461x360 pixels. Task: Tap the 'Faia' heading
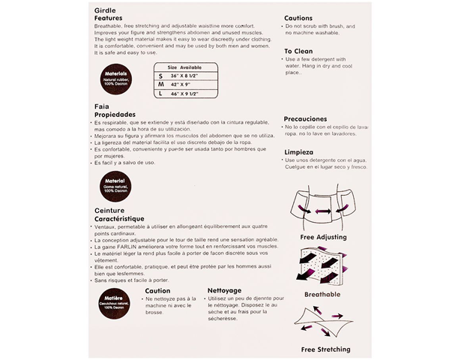click(101, 106)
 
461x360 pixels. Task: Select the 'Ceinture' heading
click(109, 211)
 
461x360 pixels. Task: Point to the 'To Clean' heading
click(299, 52)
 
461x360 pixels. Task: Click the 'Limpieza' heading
click(299, 151)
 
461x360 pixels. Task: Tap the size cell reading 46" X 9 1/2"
click(184, 94)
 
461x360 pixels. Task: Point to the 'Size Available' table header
click(184, 66)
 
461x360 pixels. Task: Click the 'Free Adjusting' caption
click(322, 238)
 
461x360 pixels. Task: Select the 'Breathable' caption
click(322, 294)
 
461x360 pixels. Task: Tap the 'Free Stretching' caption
click(325, 349)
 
